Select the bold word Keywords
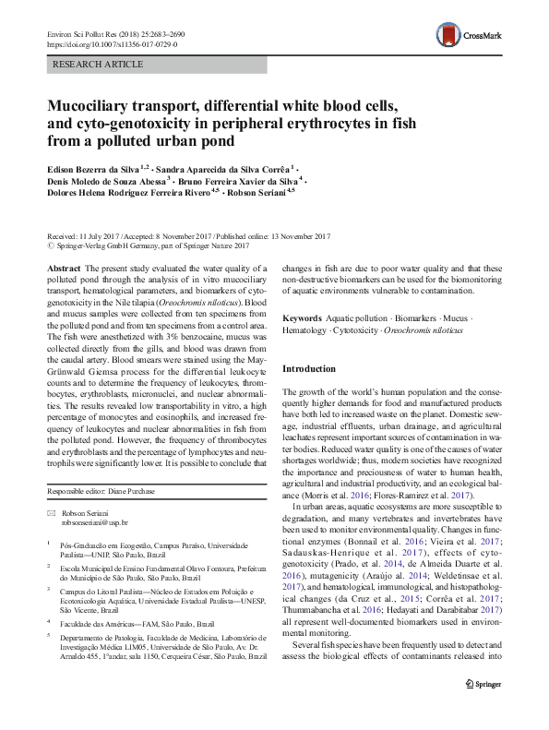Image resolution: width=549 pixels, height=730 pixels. [x=303, y=318]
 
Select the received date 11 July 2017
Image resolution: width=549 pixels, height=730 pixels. [x=98, y=237]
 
